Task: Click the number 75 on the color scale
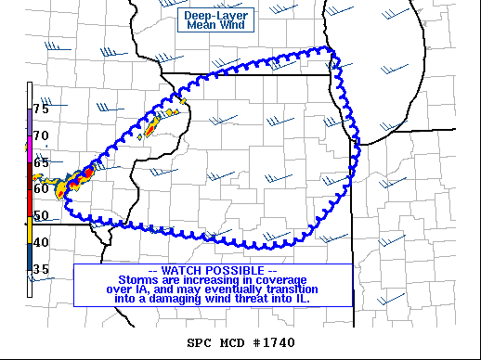point(41,109)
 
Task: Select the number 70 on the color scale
point(41,135)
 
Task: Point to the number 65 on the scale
point(41,162)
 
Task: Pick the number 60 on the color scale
point(41,188)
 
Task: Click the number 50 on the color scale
point(41,215)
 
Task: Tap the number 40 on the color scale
point(41,242)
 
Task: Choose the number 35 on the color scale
point(41,269)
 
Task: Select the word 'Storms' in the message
point(139,280)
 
